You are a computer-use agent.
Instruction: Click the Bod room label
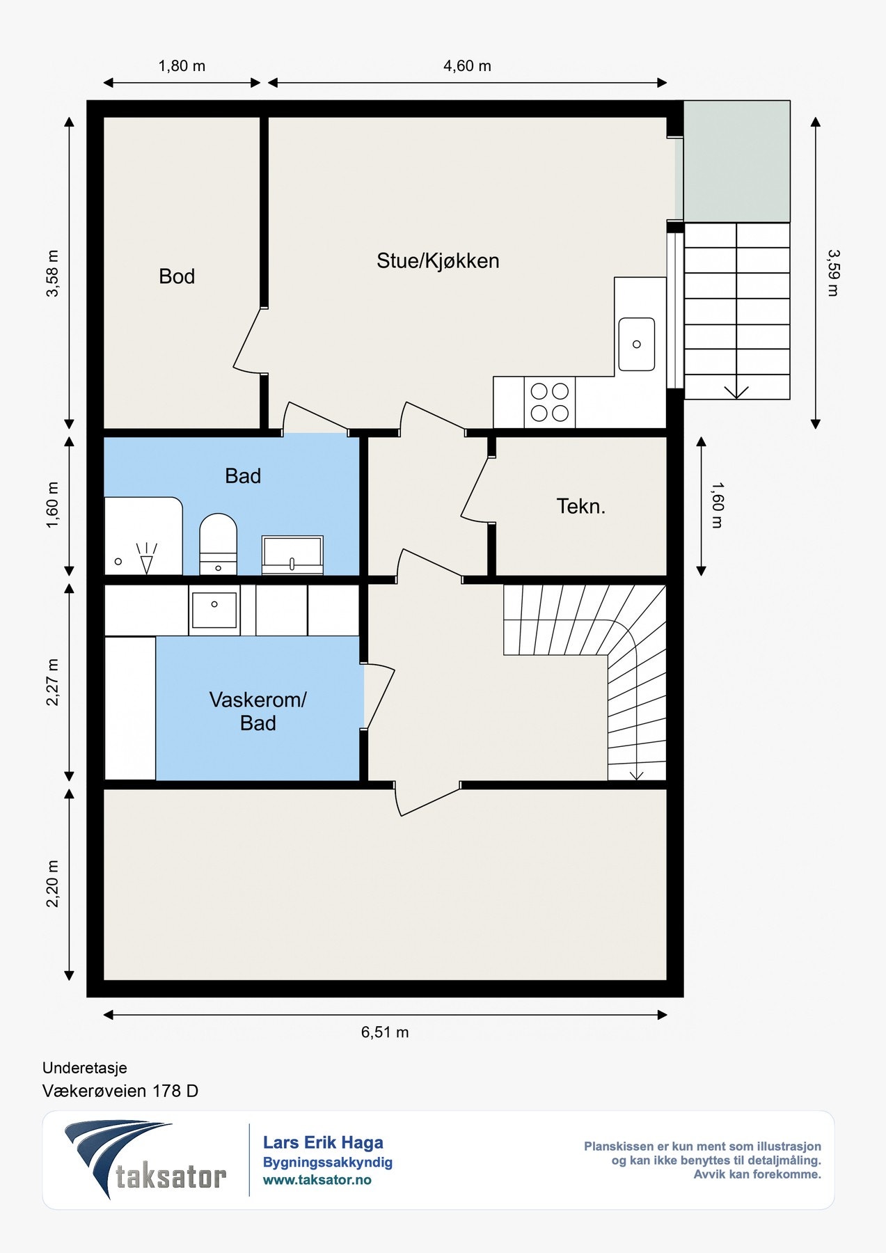[x=177, y=276]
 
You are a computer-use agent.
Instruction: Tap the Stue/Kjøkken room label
[x=438, y=261]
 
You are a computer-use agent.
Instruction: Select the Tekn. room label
[x=581, y=506]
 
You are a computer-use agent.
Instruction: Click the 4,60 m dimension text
[x=467, y=66]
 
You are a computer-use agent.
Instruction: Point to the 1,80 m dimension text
[x=182, y=66]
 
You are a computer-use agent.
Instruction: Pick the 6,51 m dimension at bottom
[x=385, y=1032]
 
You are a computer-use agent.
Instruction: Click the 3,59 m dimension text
[x=832, y=273]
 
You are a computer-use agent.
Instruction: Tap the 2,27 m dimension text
[x=53, y=682]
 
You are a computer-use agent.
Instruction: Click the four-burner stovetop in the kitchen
[x=550, y=402]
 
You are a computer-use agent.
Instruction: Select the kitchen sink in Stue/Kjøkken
[x=636, y=344]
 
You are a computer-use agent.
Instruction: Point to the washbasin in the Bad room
[x=292, y=555]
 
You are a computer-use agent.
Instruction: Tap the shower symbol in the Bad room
[x=146, y=558]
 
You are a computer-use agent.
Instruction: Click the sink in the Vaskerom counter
[x=214, y=609]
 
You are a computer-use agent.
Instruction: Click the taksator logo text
[x=171, y=1176]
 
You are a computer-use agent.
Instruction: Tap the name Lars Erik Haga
[x=323, y=1142]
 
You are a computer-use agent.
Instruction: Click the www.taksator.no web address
[x=317, y=1180]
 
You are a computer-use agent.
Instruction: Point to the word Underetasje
[x=85, y=1068]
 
